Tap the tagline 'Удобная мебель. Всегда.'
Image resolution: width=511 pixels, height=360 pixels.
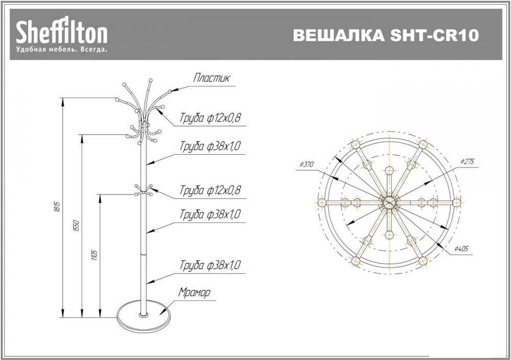(62, 50)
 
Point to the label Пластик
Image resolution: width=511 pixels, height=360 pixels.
(212, 79)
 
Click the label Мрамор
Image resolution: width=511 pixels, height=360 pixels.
(194, 293)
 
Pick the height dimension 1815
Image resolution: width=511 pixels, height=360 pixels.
(57, 207)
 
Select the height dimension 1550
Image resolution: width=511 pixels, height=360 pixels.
(76, 225)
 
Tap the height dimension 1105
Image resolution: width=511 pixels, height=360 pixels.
(95, 254)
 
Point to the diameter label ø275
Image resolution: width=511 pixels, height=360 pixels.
(467, 161)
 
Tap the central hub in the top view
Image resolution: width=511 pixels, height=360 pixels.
(389, 202)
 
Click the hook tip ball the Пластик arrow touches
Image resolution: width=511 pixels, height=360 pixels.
(170, 92)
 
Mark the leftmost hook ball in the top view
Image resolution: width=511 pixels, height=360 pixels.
(321, 202)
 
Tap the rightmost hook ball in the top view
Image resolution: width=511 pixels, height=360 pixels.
(457, 202)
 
